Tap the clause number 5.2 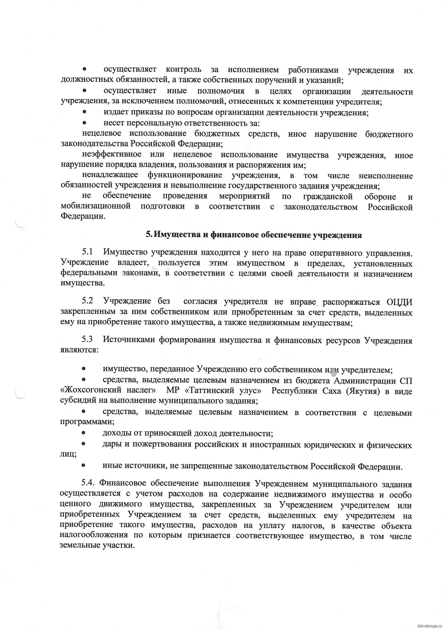tap(87, 301)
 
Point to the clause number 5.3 tap(87, 340)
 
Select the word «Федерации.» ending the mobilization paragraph tap(83, 216)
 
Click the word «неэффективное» tap(112, 154)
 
